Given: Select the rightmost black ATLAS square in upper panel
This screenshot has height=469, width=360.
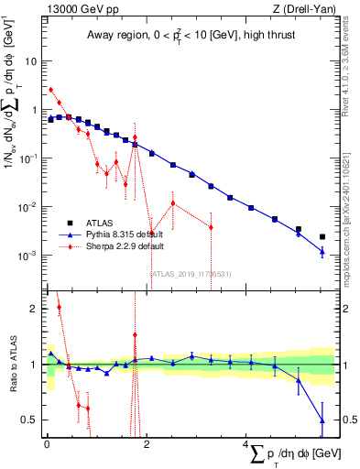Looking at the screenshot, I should coord(322,236).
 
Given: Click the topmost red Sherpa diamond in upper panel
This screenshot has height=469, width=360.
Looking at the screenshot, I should coord(51,90).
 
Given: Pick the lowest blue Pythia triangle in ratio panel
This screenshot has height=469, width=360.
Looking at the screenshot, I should coord(322,420).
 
